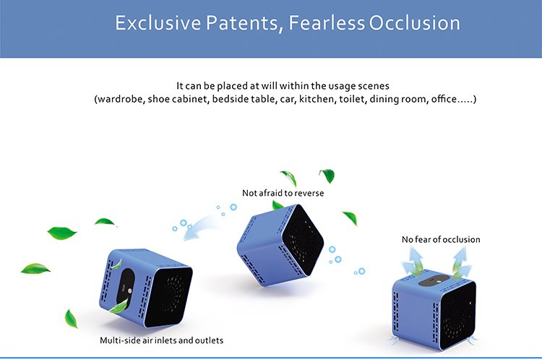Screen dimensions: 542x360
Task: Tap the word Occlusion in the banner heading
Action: [415, 23]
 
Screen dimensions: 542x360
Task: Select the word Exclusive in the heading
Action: [158, 23]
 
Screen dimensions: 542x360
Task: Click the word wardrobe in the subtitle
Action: [120, 99]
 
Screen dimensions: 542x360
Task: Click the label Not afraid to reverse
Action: [283, 193]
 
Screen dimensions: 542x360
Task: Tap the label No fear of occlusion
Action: [441, 239]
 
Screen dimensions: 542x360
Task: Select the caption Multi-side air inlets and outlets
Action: [161, 340]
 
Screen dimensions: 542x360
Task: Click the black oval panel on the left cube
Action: [125, 288]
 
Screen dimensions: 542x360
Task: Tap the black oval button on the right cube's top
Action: [436, 280]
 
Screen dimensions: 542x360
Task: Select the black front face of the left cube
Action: [169, 296]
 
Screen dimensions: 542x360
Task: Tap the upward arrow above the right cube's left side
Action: [414, 262]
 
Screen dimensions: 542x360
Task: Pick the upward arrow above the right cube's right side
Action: [461, 262]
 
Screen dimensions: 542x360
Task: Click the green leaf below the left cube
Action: [71, 319]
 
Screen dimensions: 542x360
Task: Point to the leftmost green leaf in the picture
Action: [35, 269]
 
